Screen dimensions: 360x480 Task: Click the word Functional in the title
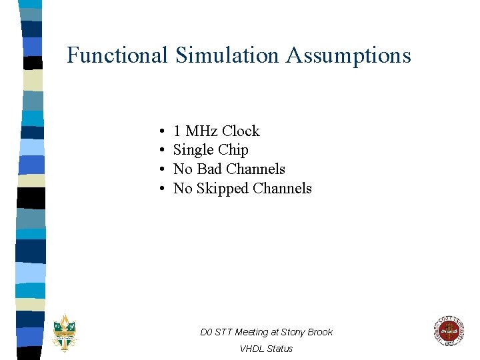click(x=117, y=55)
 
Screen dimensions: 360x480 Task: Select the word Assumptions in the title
click(x=349, y=56)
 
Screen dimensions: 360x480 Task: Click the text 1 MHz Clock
click(x=216, y=131)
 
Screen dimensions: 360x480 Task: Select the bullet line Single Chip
click(x=211, y=151)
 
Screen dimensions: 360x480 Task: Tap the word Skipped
click(x=225, y=189)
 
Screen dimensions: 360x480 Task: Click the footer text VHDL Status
click(x=266, y=349)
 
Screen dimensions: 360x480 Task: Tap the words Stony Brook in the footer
click(x=307, y=332)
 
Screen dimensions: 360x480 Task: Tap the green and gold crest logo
click(x=65, y=331)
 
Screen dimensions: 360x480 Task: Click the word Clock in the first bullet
click(x=241, y=131)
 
